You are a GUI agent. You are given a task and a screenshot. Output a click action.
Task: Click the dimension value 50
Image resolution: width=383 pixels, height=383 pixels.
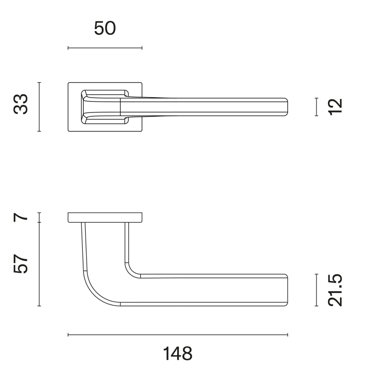(105, 29)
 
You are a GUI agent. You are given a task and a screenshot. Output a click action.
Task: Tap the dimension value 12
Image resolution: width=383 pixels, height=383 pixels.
(337, 106)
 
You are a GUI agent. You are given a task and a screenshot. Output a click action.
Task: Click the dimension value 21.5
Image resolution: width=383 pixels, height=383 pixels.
(337, 290)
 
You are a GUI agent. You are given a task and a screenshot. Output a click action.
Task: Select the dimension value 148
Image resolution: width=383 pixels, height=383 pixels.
(178, 354)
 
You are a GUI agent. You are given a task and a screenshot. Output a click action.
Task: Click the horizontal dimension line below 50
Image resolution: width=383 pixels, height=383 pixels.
(105, 48)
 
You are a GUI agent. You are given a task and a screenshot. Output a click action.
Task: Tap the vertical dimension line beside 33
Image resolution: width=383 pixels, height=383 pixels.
(39, 106)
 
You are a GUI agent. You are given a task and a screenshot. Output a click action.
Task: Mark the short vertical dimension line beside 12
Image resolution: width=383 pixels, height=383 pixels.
(316, 106)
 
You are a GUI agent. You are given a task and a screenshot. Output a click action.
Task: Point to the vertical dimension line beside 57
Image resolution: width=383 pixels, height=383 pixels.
(39, 264)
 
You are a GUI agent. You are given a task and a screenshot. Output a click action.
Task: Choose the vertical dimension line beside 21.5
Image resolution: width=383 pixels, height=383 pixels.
(316, 290)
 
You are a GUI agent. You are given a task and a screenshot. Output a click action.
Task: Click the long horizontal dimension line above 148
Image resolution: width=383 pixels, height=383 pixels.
(178, 335)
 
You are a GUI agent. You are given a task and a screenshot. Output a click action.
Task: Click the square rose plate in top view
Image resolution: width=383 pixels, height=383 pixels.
(74, 124)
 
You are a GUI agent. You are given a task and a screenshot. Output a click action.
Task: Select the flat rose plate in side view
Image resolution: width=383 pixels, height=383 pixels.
(105, 217)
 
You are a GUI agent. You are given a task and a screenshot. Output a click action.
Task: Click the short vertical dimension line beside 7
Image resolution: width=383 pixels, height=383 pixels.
(39, 217)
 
